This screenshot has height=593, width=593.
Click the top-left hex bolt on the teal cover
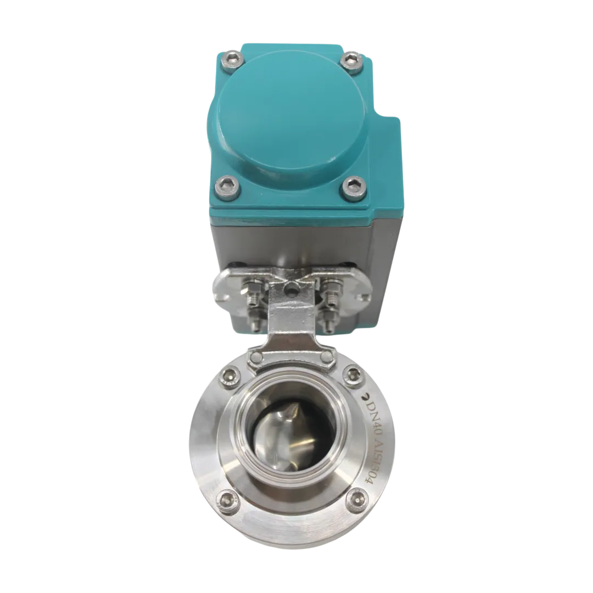(230, 59)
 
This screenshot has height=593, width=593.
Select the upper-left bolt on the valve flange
(230, 376)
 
